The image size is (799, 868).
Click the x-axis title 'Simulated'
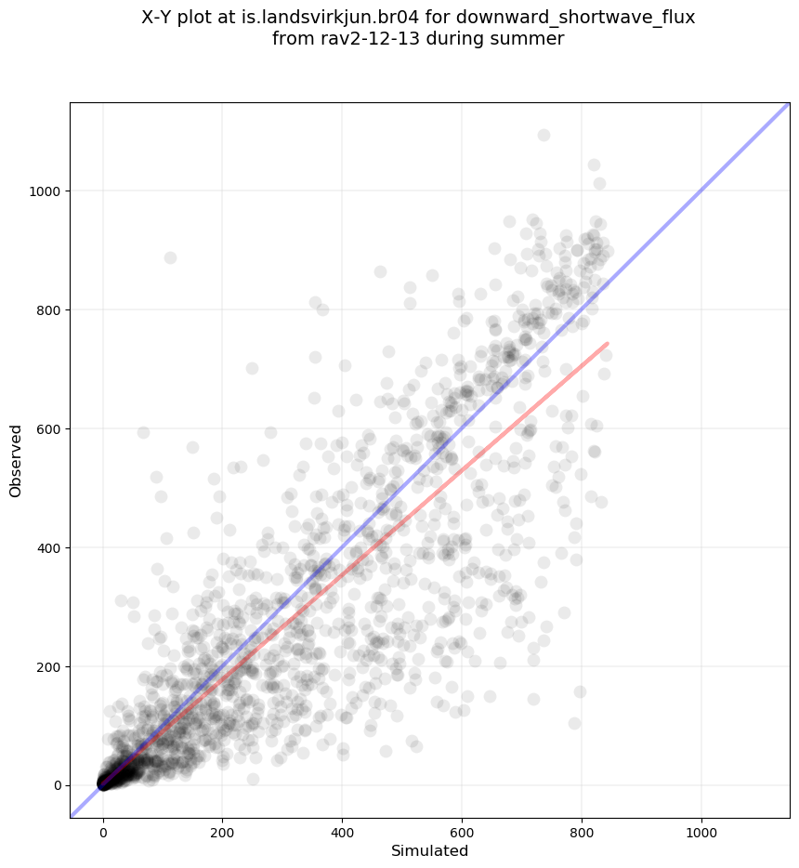(x=429, y=851)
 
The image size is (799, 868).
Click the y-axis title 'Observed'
(x=16, y=460)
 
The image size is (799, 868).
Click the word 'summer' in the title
(x=531, y=39)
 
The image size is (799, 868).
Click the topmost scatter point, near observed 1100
(x=544, y=136)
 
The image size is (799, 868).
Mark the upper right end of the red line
(x=607, y=344)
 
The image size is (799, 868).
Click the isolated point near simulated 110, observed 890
(x=170, y=257)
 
